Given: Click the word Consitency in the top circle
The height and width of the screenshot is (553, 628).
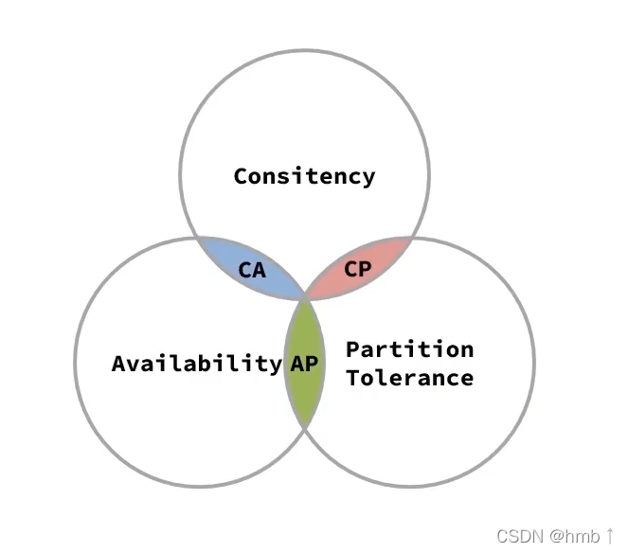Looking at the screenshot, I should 304,176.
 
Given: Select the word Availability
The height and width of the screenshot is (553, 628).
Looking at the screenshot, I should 197,364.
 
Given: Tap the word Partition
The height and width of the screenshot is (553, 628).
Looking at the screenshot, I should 409,349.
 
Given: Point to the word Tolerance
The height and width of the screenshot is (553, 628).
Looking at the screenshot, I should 409,378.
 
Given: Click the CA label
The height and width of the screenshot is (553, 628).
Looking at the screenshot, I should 252,271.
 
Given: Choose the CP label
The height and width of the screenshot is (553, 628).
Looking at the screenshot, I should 357,269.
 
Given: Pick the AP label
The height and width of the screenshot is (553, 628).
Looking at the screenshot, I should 303,364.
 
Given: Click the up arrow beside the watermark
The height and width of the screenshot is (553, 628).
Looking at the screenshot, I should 610,536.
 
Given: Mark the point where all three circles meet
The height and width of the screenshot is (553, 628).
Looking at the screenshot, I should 304,297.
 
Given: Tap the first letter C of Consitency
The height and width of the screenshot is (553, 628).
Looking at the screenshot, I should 241,176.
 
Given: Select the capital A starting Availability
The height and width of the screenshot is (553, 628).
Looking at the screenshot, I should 118,364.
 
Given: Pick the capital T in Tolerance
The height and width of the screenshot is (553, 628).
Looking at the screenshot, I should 352,378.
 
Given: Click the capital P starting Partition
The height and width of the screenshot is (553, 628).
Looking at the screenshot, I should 352,349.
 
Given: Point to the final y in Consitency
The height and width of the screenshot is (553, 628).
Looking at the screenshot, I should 368,178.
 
